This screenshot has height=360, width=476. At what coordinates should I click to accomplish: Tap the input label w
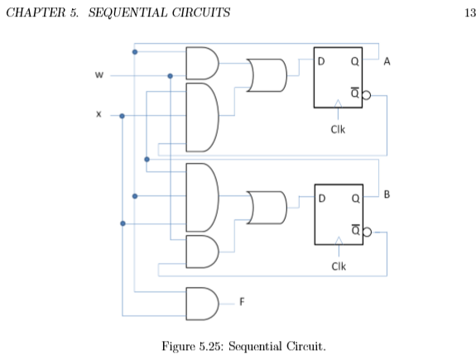click(99, 76)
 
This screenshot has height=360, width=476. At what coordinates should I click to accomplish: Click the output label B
click(387, 195)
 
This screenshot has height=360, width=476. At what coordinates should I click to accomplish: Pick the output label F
click(242, 301)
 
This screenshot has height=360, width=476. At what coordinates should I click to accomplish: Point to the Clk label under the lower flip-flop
click(338, 266)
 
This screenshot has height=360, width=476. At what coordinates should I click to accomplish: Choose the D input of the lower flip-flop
click(321, 198)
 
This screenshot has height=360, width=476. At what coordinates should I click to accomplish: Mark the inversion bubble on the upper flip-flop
click(366, 95)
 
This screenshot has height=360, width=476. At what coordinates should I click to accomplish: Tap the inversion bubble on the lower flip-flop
click(366, 233)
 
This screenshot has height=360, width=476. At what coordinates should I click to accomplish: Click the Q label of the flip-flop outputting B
click(353, 198)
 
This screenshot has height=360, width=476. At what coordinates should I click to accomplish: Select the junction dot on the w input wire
click(171, 76)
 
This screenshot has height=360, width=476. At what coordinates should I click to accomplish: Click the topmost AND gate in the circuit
click(202, 62)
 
